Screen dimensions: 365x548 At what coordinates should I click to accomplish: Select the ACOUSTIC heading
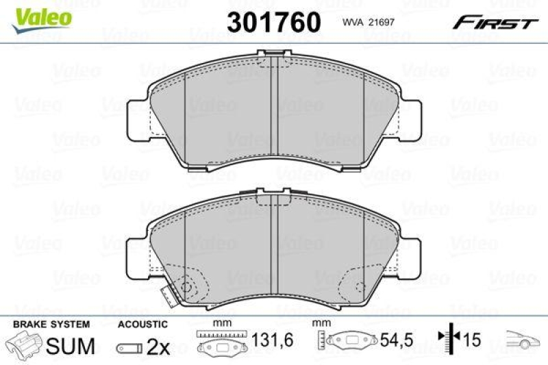point(142,324)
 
